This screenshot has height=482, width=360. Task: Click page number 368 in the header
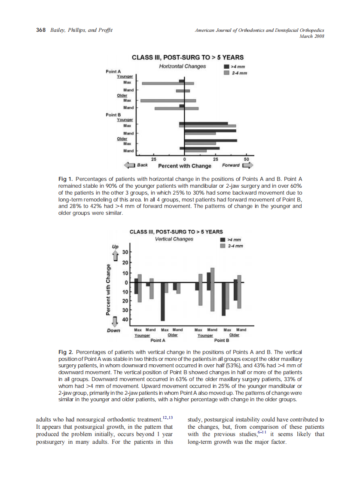(41, 30)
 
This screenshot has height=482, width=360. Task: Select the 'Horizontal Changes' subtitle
(182, 66)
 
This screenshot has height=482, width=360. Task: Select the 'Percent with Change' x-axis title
(185, 166)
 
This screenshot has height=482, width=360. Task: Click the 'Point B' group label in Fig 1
(113, 115)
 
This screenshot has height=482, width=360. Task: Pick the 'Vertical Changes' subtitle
(174, 239)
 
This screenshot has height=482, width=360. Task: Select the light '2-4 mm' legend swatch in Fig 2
(223, 246)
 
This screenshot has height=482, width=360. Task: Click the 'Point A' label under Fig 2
(158, 340)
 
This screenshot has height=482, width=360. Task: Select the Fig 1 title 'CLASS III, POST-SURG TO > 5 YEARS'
(187, 57)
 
